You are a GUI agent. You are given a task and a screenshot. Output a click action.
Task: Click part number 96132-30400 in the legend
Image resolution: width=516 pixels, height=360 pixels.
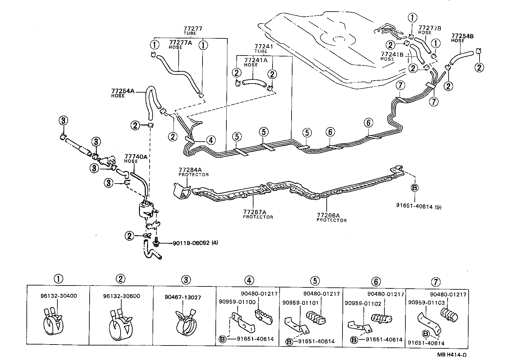pos(59,296)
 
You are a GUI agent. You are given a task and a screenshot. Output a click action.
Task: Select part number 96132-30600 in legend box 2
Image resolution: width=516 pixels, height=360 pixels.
pos(122,296)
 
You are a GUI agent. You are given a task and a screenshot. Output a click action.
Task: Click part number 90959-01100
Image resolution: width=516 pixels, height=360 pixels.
pos(237,302)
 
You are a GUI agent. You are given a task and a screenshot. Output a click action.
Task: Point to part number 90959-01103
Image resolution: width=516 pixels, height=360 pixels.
pos(426,303)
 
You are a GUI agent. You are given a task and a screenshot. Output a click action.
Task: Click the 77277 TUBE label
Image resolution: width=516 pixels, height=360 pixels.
pos(193,31)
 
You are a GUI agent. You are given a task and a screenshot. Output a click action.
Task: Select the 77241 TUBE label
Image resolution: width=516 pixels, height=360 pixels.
pos(263,48)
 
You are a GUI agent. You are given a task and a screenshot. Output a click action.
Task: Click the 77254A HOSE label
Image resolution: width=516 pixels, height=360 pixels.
pos(123,93)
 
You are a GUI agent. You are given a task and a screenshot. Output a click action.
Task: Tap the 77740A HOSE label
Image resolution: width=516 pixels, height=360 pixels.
pos(135,158)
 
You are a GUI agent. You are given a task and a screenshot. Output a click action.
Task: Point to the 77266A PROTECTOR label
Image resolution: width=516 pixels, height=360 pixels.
pos(331,217)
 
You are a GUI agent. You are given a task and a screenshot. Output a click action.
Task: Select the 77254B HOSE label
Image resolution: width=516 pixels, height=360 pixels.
pos(462,37)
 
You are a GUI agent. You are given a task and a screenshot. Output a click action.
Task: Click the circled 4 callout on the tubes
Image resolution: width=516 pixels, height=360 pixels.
pos(210,140)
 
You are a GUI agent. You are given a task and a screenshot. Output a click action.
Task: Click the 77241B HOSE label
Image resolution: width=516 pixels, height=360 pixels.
pos(392,56)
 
